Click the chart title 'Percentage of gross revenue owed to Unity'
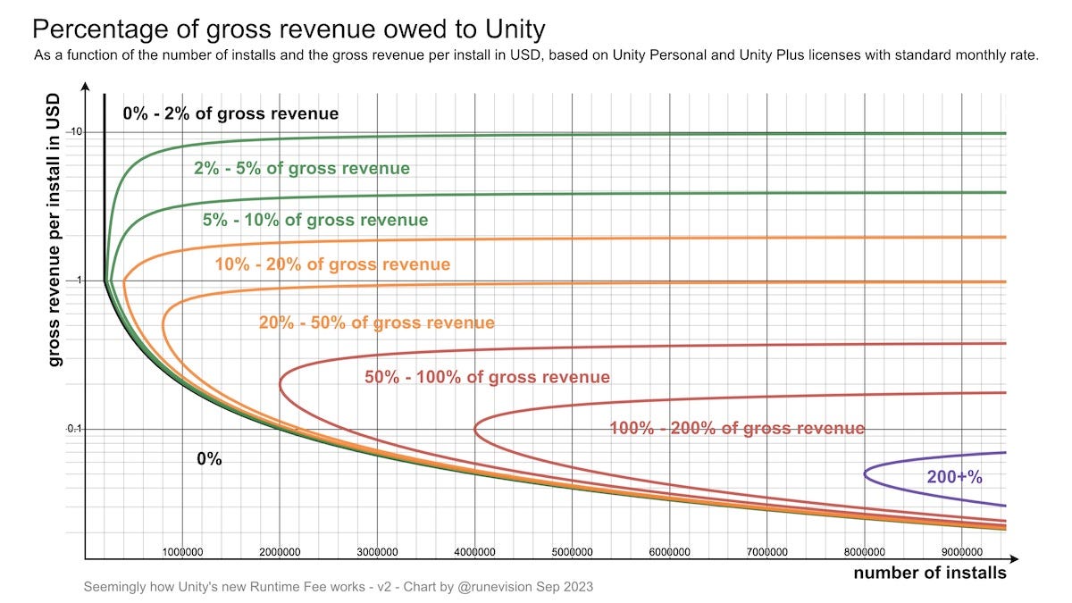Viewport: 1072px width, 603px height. (288, 29)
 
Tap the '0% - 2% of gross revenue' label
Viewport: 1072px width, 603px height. (230, 113)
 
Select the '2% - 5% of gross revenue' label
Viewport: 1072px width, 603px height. (302, 168)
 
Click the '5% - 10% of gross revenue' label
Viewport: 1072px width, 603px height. (315, 220)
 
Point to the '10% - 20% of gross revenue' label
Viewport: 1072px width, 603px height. (332, 264)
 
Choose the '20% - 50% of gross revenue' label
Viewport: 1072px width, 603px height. (376, 322)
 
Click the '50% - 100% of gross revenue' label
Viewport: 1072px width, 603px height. (487, 377)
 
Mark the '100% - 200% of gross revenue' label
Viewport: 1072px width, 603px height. (737, 429)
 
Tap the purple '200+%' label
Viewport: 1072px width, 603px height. (954, 477)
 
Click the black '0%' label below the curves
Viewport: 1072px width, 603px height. (209, 459)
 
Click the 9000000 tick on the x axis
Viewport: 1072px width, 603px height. (961, 552)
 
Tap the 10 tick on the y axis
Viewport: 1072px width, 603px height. (76, 132)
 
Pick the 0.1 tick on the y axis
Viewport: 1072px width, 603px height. (74, 429)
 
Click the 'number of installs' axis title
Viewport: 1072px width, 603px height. (929, 573)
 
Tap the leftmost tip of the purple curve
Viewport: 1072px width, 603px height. (865, 473)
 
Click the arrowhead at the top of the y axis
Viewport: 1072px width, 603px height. (85, 87)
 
